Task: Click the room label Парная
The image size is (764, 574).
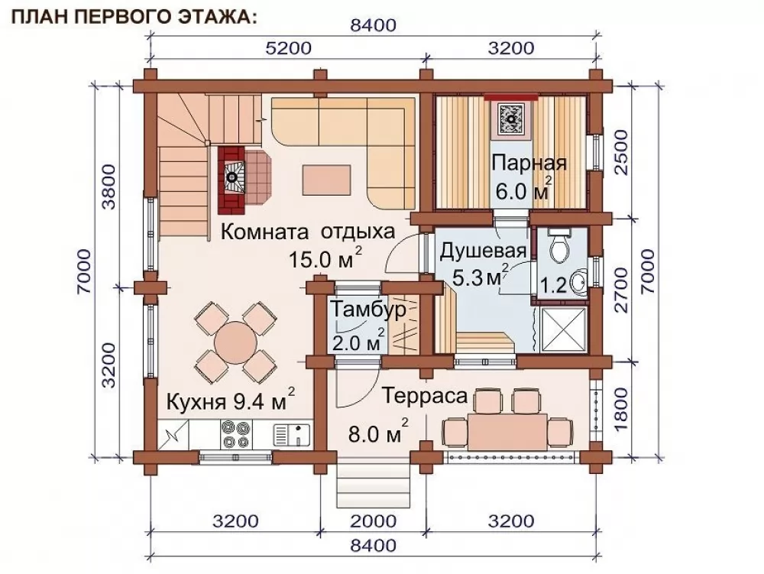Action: (x=529, y=163)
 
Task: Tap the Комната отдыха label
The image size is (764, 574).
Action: (x=308, y=232)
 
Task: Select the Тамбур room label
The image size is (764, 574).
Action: (x=368, y=310)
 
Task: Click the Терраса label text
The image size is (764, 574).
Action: (x=424, y=396)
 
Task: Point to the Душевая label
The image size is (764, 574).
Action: (x=483, y=251)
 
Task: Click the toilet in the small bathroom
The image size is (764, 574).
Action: (x=559, y=247)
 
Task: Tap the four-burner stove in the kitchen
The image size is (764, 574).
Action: (x=236, y=433)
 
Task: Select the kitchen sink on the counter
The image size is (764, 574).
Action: (x=291, y=435)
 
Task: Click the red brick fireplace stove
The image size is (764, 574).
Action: (x=232, y=180)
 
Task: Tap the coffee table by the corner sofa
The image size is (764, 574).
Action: (x=326, y=180)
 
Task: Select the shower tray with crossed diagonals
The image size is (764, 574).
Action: (x=563, y=329)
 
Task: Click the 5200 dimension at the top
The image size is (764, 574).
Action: (x=288, y=48)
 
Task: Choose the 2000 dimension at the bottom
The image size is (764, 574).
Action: (x=374, y=521)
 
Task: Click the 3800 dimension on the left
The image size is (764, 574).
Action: (x=110, y=187)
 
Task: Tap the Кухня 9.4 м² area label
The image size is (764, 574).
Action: (x=231, y=401)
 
